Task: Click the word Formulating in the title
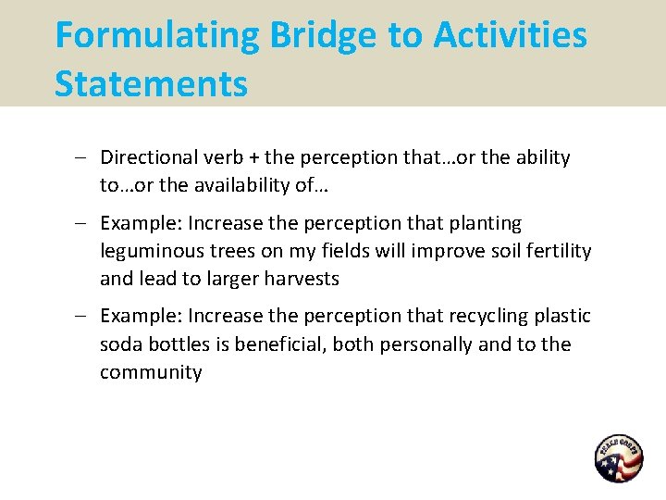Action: (x=158, y=36)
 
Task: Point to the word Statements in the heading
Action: (x=151, y=83)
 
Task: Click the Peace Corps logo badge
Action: (x=618, y=458)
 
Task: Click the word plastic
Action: (x=561, y=316)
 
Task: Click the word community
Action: (x=150, y=372)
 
